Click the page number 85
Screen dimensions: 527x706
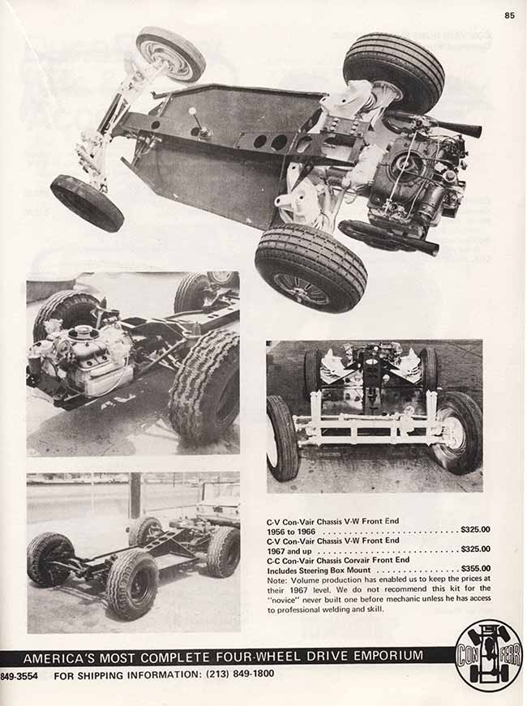tap(509, 15)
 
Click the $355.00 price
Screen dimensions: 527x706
tap(476, 569)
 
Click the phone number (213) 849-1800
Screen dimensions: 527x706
tap(239, 674)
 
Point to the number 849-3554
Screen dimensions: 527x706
tap(19, 676)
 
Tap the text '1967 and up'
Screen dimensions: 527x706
tap(289, 550)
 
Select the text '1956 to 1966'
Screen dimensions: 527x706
tap(290, 531)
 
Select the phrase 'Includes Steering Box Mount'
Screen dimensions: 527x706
tap(319, 570)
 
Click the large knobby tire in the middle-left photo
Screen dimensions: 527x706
tap(205, 387)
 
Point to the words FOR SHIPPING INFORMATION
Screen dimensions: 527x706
tap(126, 675)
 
